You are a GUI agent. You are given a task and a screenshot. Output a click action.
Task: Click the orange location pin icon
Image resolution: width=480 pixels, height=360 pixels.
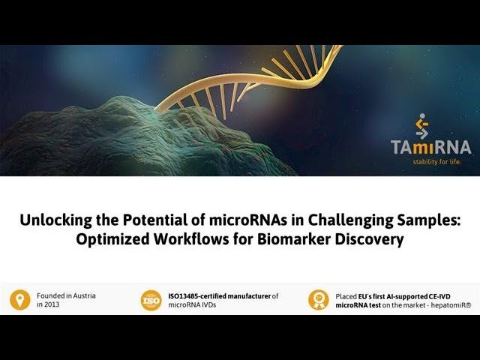click(20, 300)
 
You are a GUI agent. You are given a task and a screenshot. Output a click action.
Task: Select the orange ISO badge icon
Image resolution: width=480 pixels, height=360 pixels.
click(151, 300)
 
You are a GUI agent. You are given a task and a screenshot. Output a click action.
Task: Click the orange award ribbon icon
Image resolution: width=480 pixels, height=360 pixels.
click(319, 300)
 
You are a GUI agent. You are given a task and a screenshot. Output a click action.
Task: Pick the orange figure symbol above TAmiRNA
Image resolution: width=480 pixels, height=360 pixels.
click(422, 126)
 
